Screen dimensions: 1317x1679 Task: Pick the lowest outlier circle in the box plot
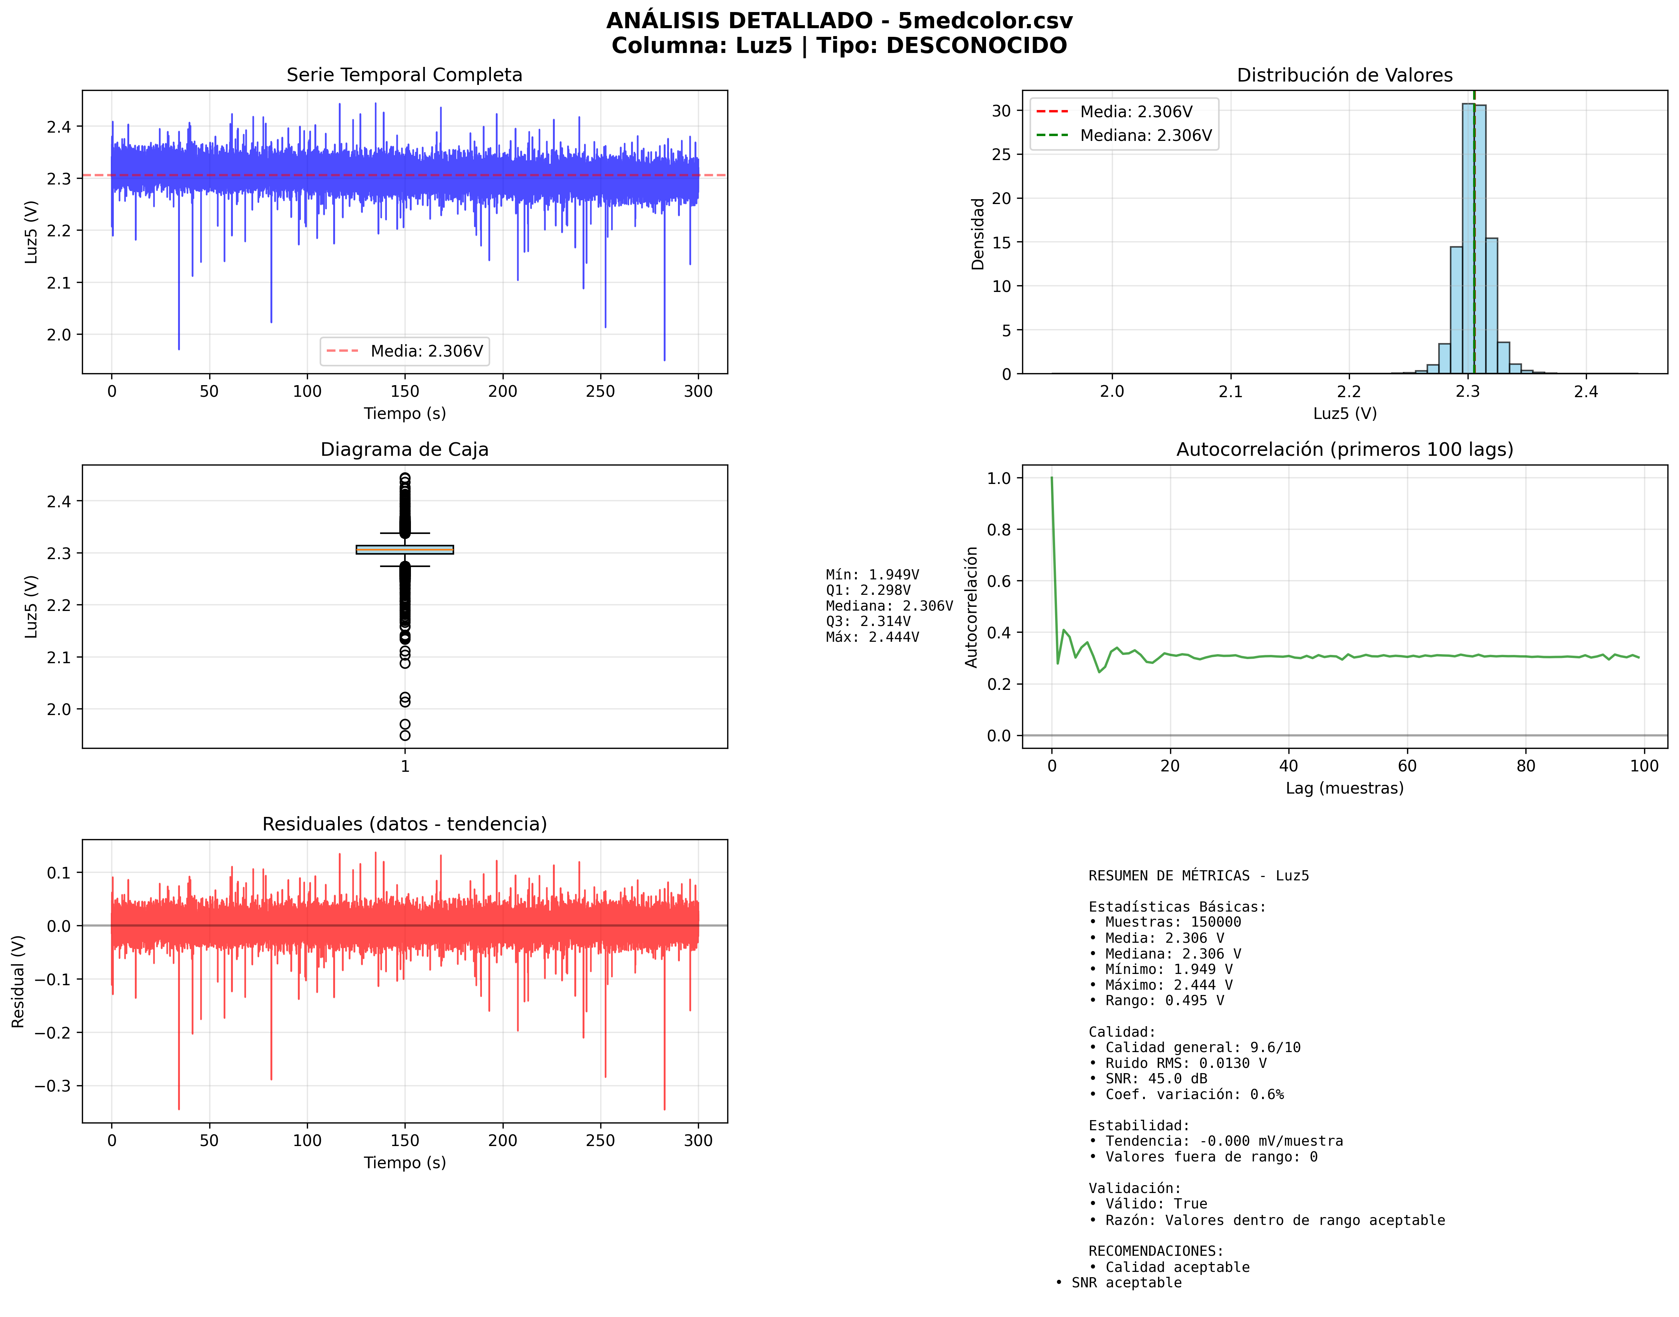click(x=405, y=736)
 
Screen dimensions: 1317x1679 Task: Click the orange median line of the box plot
click(x=405, y=549)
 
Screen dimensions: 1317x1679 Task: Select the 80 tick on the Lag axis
click(x=1526, y=766)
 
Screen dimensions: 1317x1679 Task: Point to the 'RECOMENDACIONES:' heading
click(x=1155, y=1251)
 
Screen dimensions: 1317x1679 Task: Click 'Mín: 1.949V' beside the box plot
click(x=872, y=575)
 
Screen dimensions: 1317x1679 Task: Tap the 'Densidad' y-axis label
click(x=977, y=234)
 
